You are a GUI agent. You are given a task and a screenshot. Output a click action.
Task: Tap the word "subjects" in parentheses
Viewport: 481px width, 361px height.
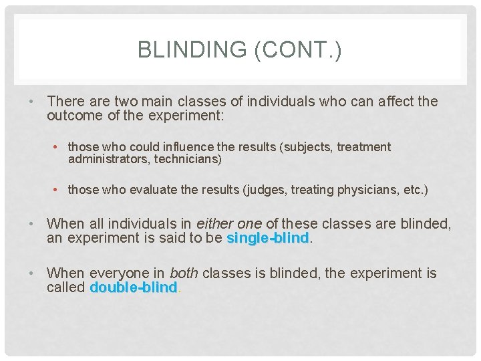311,147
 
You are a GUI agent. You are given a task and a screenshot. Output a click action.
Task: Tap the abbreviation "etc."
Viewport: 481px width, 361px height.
415,190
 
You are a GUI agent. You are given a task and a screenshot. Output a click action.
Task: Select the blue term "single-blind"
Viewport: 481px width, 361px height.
268,238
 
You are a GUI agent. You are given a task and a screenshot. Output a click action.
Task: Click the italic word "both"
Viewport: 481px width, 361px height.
184,273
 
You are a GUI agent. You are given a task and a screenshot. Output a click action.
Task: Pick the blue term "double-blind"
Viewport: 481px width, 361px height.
134,287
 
